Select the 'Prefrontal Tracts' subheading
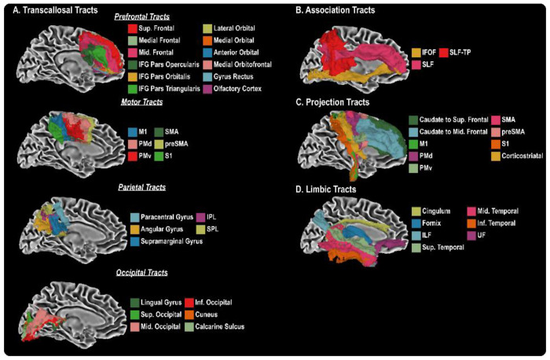coord(141,17)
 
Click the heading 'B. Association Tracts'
coord(345,10)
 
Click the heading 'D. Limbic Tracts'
coord(332,189)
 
